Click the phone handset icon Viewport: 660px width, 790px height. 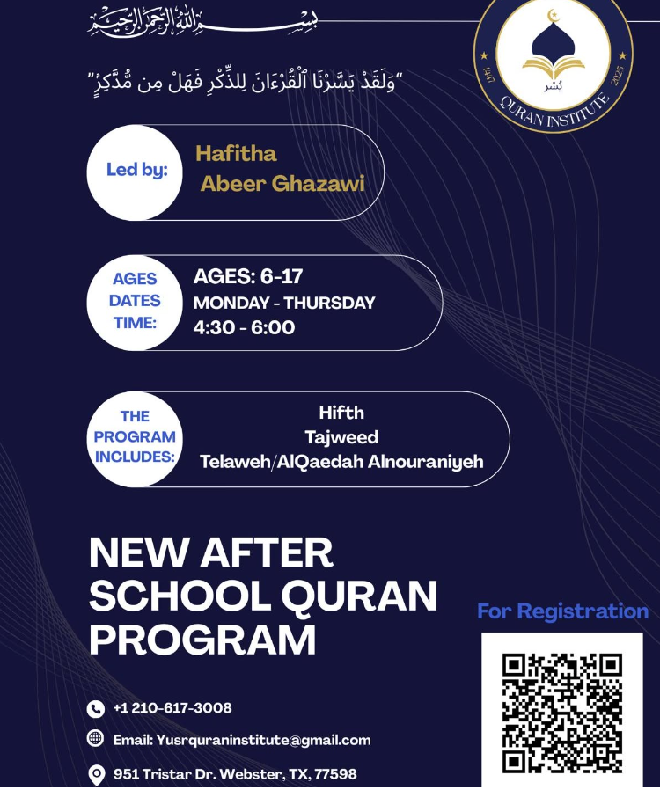click(96, 709)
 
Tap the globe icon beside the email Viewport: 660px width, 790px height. click(96, 739)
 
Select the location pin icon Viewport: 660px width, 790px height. click(97, 774)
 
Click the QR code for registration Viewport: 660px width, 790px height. click(561, 713)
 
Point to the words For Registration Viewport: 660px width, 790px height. click(562, 611)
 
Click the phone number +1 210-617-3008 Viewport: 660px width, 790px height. click(172, 708)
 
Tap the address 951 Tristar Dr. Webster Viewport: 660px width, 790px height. click(235, 774)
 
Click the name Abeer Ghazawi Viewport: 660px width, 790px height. click(282, 184)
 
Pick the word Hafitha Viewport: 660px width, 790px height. click(236, 154)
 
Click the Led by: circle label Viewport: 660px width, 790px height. click(136, 171)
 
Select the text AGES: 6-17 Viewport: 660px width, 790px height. click(247, 277)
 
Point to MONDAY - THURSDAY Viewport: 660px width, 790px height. click(283, 303)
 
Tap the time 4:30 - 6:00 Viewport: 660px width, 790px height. click(244, 328)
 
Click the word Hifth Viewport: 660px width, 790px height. click(341, 412)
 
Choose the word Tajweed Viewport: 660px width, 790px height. click(341, 436)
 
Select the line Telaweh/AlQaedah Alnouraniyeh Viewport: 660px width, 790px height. click(341, 462)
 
